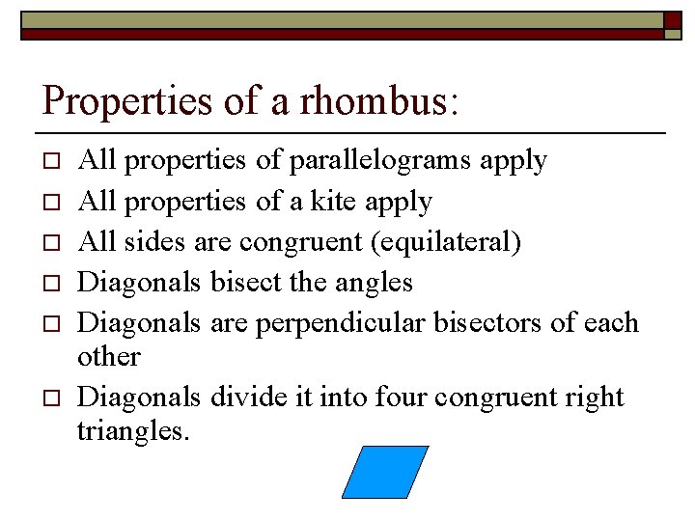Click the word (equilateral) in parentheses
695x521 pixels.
446,241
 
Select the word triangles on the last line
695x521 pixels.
132,431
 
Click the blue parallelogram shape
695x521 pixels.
385,471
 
